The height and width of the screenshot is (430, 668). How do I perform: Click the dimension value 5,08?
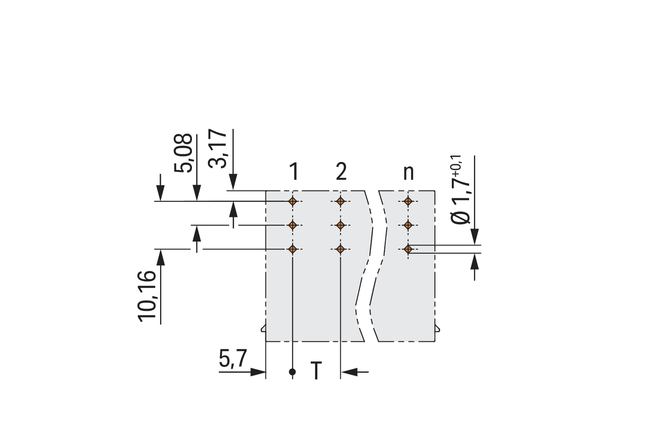point(183,153)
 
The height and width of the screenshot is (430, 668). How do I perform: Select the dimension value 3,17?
point(217,149)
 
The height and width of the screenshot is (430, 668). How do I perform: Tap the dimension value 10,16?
point(147,297)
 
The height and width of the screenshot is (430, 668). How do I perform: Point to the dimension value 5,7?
point(233,359)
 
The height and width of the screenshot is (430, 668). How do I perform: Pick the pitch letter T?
point(316,370)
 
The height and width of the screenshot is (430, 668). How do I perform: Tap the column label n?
point(408,173)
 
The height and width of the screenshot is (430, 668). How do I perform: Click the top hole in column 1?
point(293,201)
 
